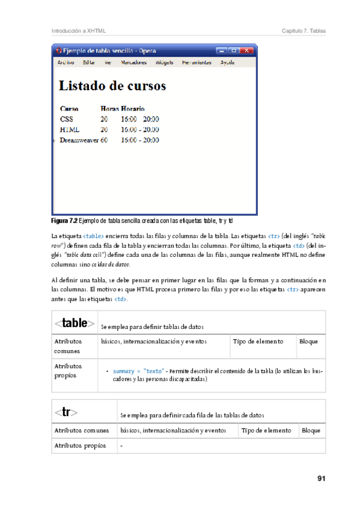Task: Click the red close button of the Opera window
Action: (x=246, y=51)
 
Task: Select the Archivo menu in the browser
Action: (x=66, y=62)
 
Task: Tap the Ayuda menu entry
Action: (x=227, y=62)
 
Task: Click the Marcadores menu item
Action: (x=133, y=62)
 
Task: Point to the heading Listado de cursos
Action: (x=112, y=86)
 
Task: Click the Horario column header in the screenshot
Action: (x=132, y=109)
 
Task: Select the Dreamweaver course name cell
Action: (x=79, y=140)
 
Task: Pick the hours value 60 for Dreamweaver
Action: (x=104, y=140)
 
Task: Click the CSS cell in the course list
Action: (x=66, y=119)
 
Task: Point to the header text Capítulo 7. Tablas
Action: (x=304, y=31)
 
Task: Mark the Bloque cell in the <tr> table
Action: (x=311, y=431)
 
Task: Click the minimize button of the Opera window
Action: (x=222, y=51)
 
